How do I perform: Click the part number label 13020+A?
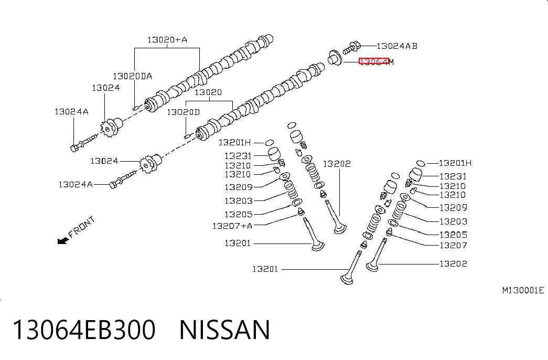click(x=167, y=39)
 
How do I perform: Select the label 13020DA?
click(x=132, y=76)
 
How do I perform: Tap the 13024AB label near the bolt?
click(x=396, y=46)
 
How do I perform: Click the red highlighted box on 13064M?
click(x=374, y=61)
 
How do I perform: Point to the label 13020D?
click(x=183, y=112)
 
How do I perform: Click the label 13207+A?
click(x=232, y=226)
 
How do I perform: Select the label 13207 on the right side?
click(x=453, y=245)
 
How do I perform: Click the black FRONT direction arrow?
click(x=63, y=240)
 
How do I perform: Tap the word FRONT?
click(x=81, y=227)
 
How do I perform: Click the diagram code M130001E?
click(x=523, y=290)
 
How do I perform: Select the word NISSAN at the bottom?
click(x=224, y=330)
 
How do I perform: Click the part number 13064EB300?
click(x=84, y=330)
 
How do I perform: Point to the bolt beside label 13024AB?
click(x=351, y=48)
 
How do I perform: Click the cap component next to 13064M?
click(x=335, y=58)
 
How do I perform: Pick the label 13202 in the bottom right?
click(x=453, y=264)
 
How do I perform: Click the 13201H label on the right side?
click(x=455, y=163)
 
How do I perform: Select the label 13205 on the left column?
click(x=239, y=214)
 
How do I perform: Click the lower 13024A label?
click(x=76, y=184)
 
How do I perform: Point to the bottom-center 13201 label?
click(x=265, y=269)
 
